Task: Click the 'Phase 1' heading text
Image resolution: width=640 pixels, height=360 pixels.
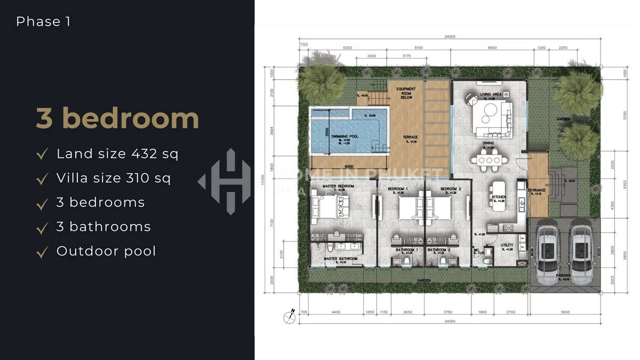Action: point(43,22)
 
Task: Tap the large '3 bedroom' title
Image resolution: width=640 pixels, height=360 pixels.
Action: point(117,118)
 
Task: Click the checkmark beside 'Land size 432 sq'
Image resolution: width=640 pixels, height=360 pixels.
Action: point(42,155)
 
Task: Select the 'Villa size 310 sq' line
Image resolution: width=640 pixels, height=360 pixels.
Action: point(113,178)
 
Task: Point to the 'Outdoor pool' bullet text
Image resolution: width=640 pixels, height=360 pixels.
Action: point(106,251)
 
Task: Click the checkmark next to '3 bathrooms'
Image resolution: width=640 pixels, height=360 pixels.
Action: point(42,228)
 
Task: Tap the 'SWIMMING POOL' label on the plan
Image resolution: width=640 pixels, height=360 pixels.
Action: point(343,137)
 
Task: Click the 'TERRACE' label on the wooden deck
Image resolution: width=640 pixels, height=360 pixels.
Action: point(410,137)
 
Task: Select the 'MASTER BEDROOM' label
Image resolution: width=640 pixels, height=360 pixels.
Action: point(338,187)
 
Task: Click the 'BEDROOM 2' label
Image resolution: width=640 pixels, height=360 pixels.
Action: point(451,189)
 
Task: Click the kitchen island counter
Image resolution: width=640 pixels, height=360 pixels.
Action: point(498,197)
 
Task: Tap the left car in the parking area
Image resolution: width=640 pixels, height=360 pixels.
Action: point(548,249)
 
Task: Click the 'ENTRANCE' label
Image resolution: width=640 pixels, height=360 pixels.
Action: point(536,190)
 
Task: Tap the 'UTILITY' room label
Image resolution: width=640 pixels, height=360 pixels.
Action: point(506,246)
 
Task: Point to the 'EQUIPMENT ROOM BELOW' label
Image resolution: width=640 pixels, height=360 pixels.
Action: point(406,93)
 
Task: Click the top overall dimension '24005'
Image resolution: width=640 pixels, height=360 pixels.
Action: point(449,37)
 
